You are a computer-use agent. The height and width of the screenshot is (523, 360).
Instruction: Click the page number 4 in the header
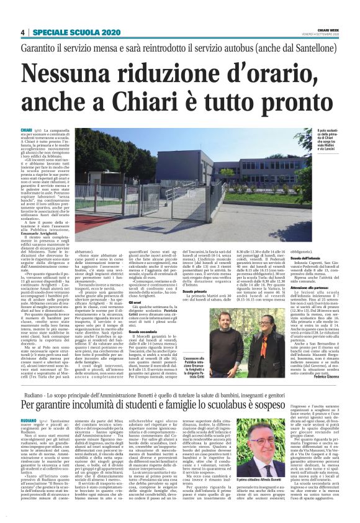point(22,32)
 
